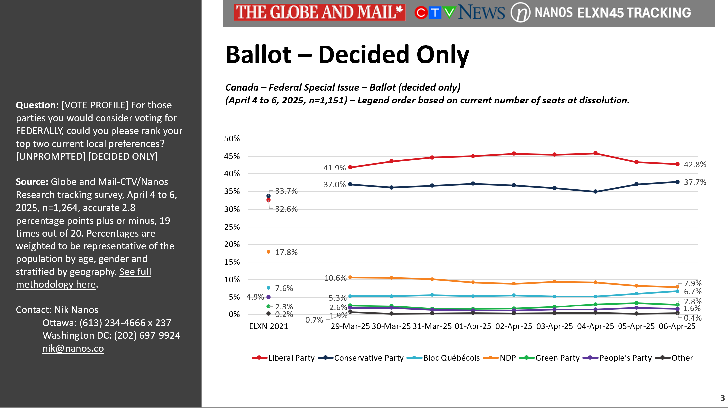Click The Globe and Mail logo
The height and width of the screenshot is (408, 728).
click(x=319, y=12)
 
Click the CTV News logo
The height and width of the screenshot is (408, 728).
click(x=460, y=12)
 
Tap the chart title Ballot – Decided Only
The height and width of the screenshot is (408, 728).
click(x=347, y=54)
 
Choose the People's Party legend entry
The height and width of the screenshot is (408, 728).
click(x=618, y=358)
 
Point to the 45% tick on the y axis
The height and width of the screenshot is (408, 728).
click(x=232, y=156)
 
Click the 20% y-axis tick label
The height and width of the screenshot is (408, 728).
click(x=232, y=244)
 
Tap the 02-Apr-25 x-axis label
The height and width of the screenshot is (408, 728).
click(x=513, y=326)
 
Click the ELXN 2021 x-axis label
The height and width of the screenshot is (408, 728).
click(x=268, y=326)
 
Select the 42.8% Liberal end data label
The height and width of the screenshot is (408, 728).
click(x=695, y=165)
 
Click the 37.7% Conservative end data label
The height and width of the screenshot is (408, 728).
click(x=695, y=182)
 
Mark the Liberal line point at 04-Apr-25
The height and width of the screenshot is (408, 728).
click(x=595, y=153)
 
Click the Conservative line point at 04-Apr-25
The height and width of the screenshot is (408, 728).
click(x=595, y=192)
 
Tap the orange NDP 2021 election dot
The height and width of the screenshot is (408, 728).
click(x=268, y=252)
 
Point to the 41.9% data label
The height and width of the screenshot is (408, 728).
click(x=334, y=168)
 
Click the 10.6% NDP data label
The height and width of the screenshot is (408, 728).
click(x=335, y=278)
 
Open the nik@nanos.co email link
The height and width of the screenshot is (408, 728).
click(x=73, y=348)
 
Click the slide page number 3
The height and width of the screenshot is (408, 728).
click(x=722, y=398)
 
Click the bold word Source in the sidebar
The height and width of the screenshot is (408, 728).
click(x=32, y=182)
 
